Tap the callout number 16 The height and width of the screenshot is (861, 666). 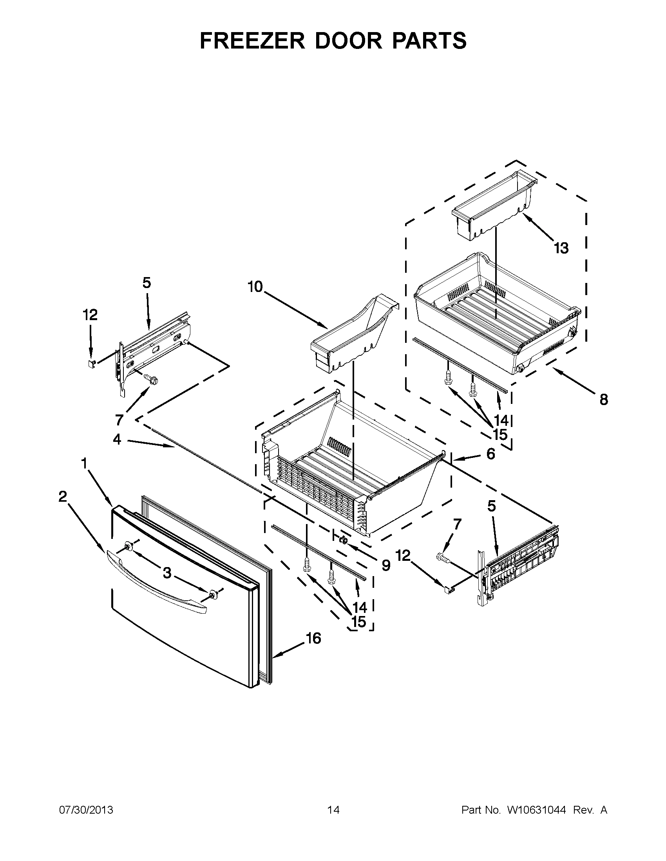pyautogui.click(x=314, y=638)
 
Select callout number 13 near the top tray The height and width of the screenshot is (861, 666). pyautogui.click(x=561, y=248)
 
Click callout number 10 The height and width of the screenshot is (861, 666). pyautogui.click(x=255, y=286)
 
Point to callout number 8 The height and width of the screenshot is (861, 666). pyautogui.click(x=604, y=400)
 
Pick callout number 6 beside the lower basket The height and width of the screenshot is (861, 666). pyautogui.click(x=490, y=454)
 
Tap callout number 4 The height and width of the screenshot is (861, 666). pyautogui.click(x=117, y=439)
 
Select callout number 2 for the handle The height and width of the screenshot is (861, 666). pyautogui.click(x=63, y=497)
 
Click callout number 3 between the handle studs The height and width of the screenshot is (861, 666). pyautogui.click(x=167, y=573)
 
